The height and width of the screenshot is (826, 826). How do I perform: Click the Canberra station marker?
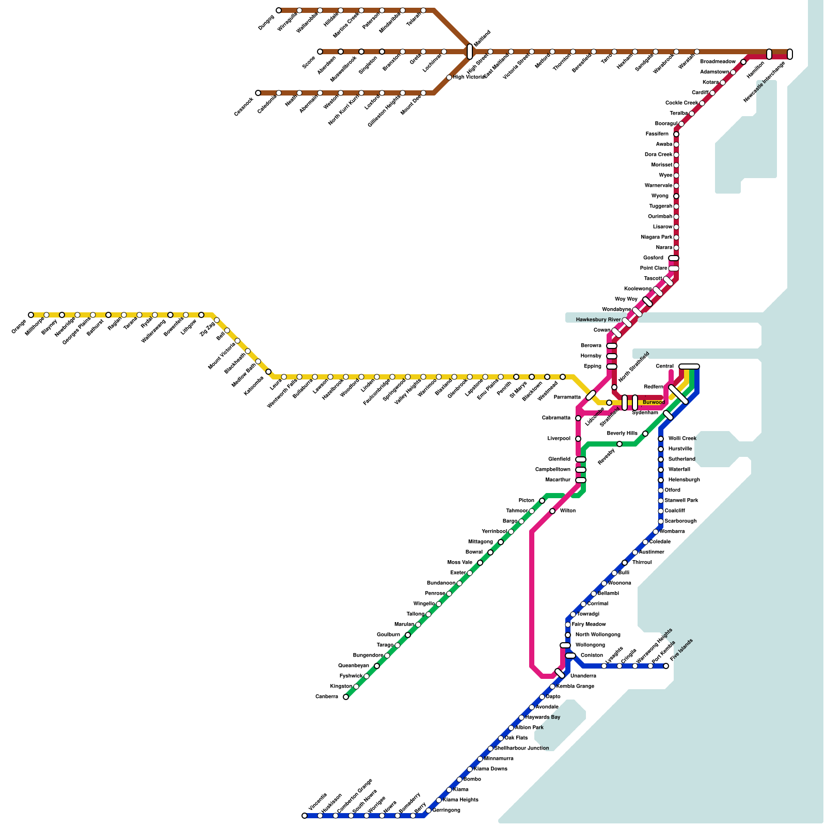point(346,697)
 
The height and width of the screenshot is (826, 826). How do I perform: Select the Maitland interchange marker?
point(470,52)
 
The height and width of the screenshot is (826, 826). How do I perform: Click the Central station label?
point(664,367)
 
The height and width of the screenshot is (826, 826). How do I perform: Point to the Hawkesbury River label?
point(598,320)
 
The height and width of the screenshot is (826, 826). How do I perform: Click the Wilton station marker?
point(552,511)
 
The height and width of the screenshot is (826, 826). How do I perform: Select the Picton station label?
point(527,501)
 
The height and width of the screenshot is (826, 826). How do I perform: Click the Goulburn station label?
point(388,635)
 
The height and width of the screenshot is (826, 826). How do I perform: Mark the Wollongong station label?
point(590,645)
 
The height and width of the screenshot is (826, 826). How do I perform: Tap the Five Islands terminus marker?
point(666,666)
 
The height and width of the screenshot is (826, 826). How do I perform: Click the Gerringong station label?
point(446,811)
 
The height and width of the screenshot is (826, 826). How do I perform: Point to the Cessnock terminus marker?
point(258,93)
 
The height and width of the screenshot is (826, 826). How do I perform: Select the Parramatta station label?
point(567,398)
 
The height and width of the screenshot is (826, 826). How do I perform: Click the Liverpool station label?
point(559,439)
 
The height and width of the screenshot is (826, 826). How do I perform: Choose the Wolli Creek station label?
point(682,439)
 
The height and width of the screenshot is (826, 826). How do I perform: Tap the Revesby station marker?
point(619,444)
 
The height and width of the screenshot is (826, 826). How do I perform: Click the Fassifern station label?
point(657,134)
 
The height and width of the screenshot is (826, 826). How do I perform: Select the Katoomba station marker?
point(268,372)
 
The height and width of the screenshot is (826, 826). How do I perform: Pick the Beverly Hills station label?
point(622,434)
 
